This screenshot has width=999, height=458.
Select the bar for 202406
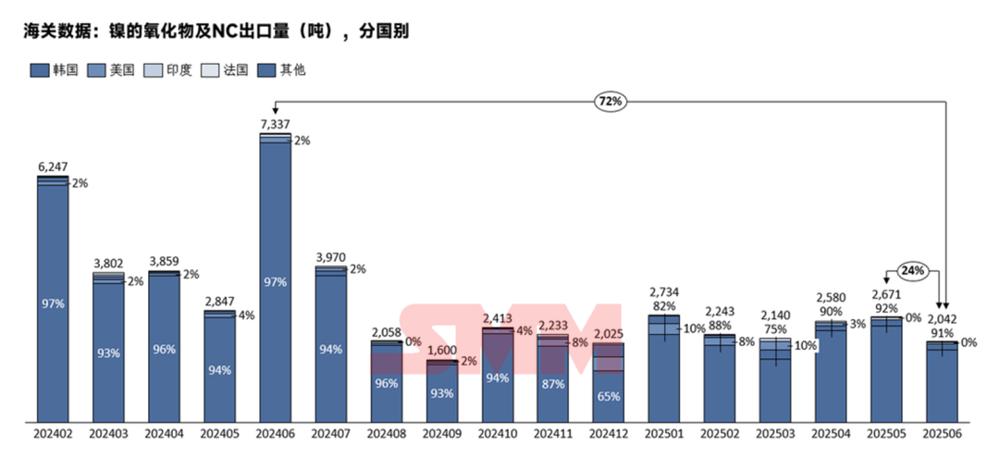(275, 278)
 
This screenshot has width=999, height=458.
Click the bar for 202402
(53, 296)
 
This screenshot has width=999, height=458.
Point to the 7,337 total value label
(275, 124)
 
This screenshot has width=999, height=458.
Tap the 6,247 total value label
(53, 167)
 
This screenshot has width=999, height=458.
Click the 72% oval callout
(610, 100)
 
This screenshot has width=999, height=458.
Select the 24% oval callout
(913, 272)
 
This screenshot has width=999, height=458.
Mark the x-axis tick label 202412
(609, 432)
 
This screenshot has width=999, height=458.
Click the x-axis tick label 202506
(942, 432)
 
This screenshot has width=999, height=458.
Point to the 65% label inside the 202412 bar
(609, 396)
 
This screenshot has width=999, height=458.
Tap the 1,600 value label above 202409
(441, 351)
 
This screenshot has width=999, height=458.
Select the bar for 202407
(330, 342)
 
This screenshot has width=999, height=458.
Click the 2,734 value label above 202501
(664, 292)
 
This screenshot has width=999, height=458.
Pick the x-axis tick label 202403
(108, 432)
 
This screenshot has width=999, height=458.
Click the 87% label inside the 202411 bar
(553, 383)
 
